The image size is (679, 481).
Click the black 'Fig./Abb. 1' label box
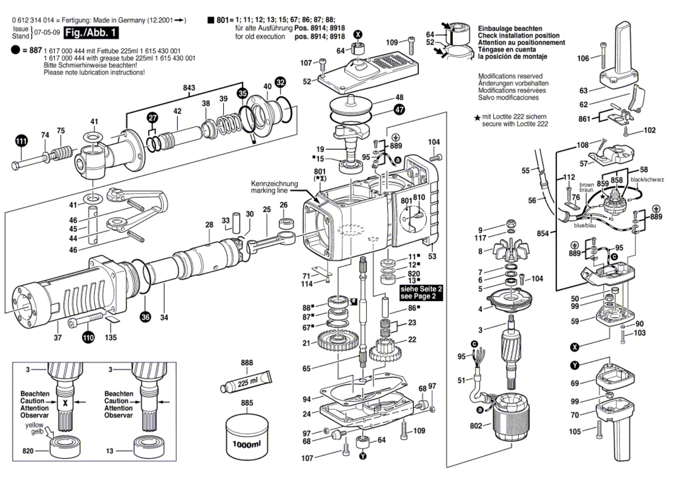[91, 33]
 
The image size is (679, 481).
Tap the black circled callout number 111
[21, 141]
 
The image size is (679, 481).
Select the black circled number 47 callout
[399, 109]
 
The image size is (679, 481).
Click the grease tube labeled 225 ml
[246, 382]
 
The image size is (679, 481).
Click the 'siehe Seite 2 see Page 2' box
[421, 292]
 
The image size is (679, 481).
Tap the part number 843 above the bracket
[189, 88]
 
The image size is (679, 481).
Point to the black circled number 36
[145, 317]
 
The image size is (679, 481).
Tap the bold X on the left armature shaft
[65, 403]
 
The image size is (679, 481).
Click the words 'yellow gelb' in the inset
[35, 428]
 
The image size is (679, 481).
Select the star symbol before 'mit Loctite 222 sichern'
[477, 118]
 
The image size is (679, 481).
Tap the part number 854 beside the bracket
[543, 233]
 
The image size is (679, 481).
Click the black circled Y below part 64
[363, 456]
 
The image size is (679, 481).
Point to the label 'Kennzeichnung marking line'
[274, 187]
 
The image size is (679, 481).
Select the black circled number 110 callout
[88, 337]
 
